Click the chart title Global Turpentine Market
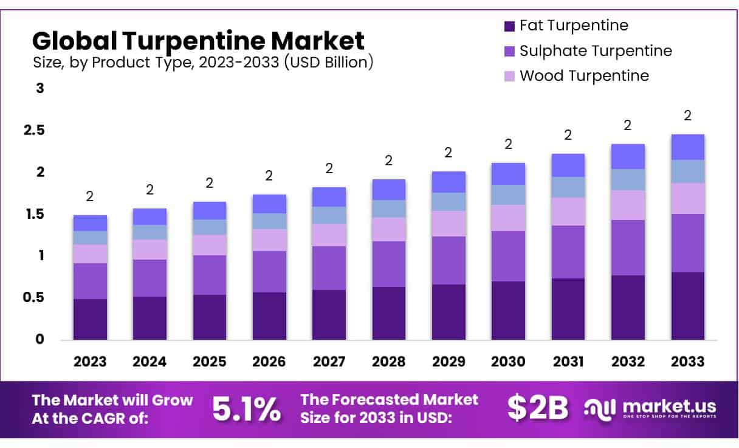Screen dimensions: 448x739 198,41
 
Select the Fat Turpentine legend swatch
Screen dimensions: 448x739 509,26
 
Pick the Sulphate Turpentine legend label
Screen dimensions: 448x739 596,50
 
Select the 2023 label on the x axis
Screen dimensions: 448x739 90,362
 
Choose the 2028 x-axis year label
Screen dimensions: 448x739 389,362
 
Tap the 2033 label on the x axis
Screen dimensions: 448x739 688,362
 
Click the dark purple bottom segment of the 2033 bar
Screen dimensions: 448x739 688,306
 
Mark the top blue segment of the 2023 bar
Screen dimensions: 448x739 90,222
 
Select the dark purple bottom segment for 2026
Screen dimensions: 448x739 269,316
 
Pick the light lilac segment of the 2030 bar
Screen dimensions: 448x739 509,218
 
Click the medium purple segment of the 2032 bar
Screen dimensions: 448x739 628,247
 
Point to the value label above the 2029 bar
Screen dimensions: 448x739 449,153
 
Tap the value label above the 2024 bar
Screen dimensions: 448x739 150,190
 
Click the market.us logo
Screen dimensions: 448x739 650,408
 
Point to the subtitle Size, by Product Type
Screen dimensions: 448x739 202,62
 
